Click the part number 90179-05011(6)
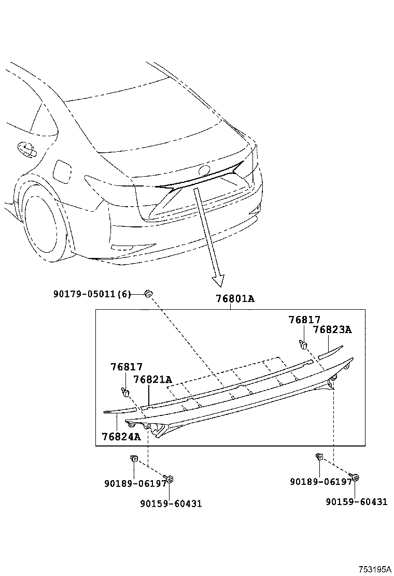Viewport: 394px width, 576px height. (x=92, y=294)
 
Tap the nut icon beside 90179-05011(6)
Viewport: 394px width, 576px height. (x=148, y=294)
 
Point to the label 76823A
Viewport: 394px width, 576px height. (x=332, y=330)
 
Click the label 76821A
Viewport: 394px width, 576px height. (x=152, y=380)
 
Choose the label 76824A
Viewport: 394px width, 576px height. (x=121, y=436)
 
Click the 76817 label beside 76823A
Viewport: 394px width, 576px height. (x=305, y=320)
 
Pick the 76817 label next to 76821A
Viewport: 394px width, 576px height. (x=126, y=367)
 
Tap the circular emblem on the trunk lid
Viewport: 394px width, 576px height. (x=204, y=170)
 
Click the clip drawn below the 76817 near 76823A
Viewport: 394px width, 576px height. (x=303, y=344)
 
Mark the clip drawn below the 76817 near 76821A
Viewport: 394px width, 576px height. (x=125, y=391)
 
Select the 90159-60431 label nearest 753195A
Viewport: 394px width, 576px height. (x=356, y=501)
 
